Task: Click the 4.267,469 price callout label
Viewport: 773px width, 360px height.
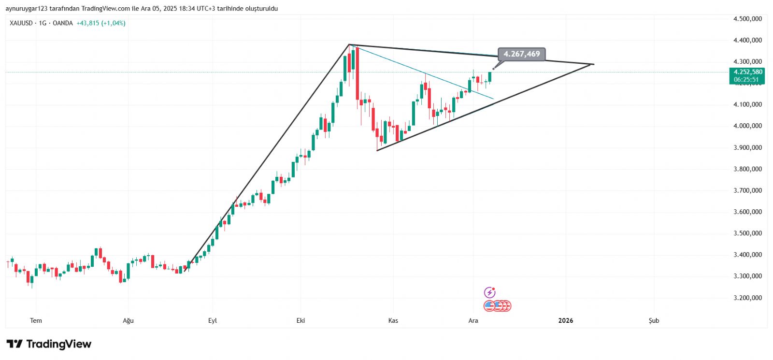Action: coord(521,54)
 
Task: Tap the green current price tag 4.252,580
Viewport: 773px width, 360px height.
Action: coord(747,72)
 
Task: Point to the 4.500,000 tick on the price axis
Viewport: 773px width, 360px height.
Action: coord(747,19)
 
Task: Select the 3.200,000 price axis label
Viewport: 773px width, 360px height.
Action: coord(747,298)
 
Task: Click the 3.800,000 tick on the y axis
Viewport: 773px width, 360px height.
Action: coord(747,169)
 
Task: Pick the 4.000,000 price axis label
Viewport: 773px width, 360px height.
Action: coord(747,126)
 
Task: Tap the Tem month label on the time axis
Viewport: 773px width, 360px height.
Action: coord(36,320)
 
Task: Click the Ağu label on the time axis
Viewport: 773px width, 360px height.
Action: coord(128,320)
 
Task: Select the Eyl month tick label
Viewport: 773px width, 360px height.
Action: coord(213,320)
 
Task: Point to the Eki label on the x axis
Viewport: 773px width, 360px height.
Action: coord(301,320)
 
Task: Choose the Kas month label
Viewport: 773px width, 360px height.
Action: coord(393,320)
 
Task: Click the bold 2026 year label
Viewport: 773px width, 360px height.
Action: coord(565,320)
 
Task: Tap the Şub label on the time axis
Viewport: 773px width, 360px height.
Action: coord(654,320)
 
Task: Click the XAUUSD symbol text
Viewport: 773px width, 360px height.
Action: coord(21,23)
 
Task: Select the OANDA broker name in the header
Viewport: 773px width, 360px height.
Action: coord(62,23)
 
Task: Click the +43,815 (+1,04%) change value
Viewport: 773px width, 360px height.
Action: coord(101,23)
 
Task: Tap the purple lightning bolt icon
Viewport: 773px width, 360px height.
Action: coord(489,292)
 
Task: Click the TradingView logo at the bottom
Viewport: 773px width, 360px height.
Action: coord(49,344)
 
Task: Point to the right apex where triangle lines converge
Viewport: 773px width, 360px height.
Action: coord(593,64)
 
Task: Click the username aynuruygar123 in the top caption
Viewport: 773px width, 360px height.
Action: coord(25,9)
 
